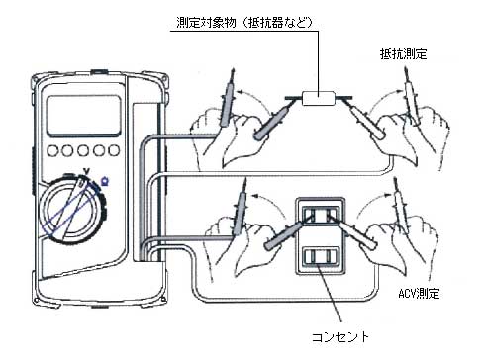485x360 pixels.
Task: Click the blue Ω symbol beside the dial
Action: coord(106,179)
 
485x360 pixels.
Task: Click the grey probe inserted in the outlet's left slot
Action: coord(282,236)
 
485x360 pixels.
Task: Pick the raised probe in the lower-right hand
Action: coord(402,203)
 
